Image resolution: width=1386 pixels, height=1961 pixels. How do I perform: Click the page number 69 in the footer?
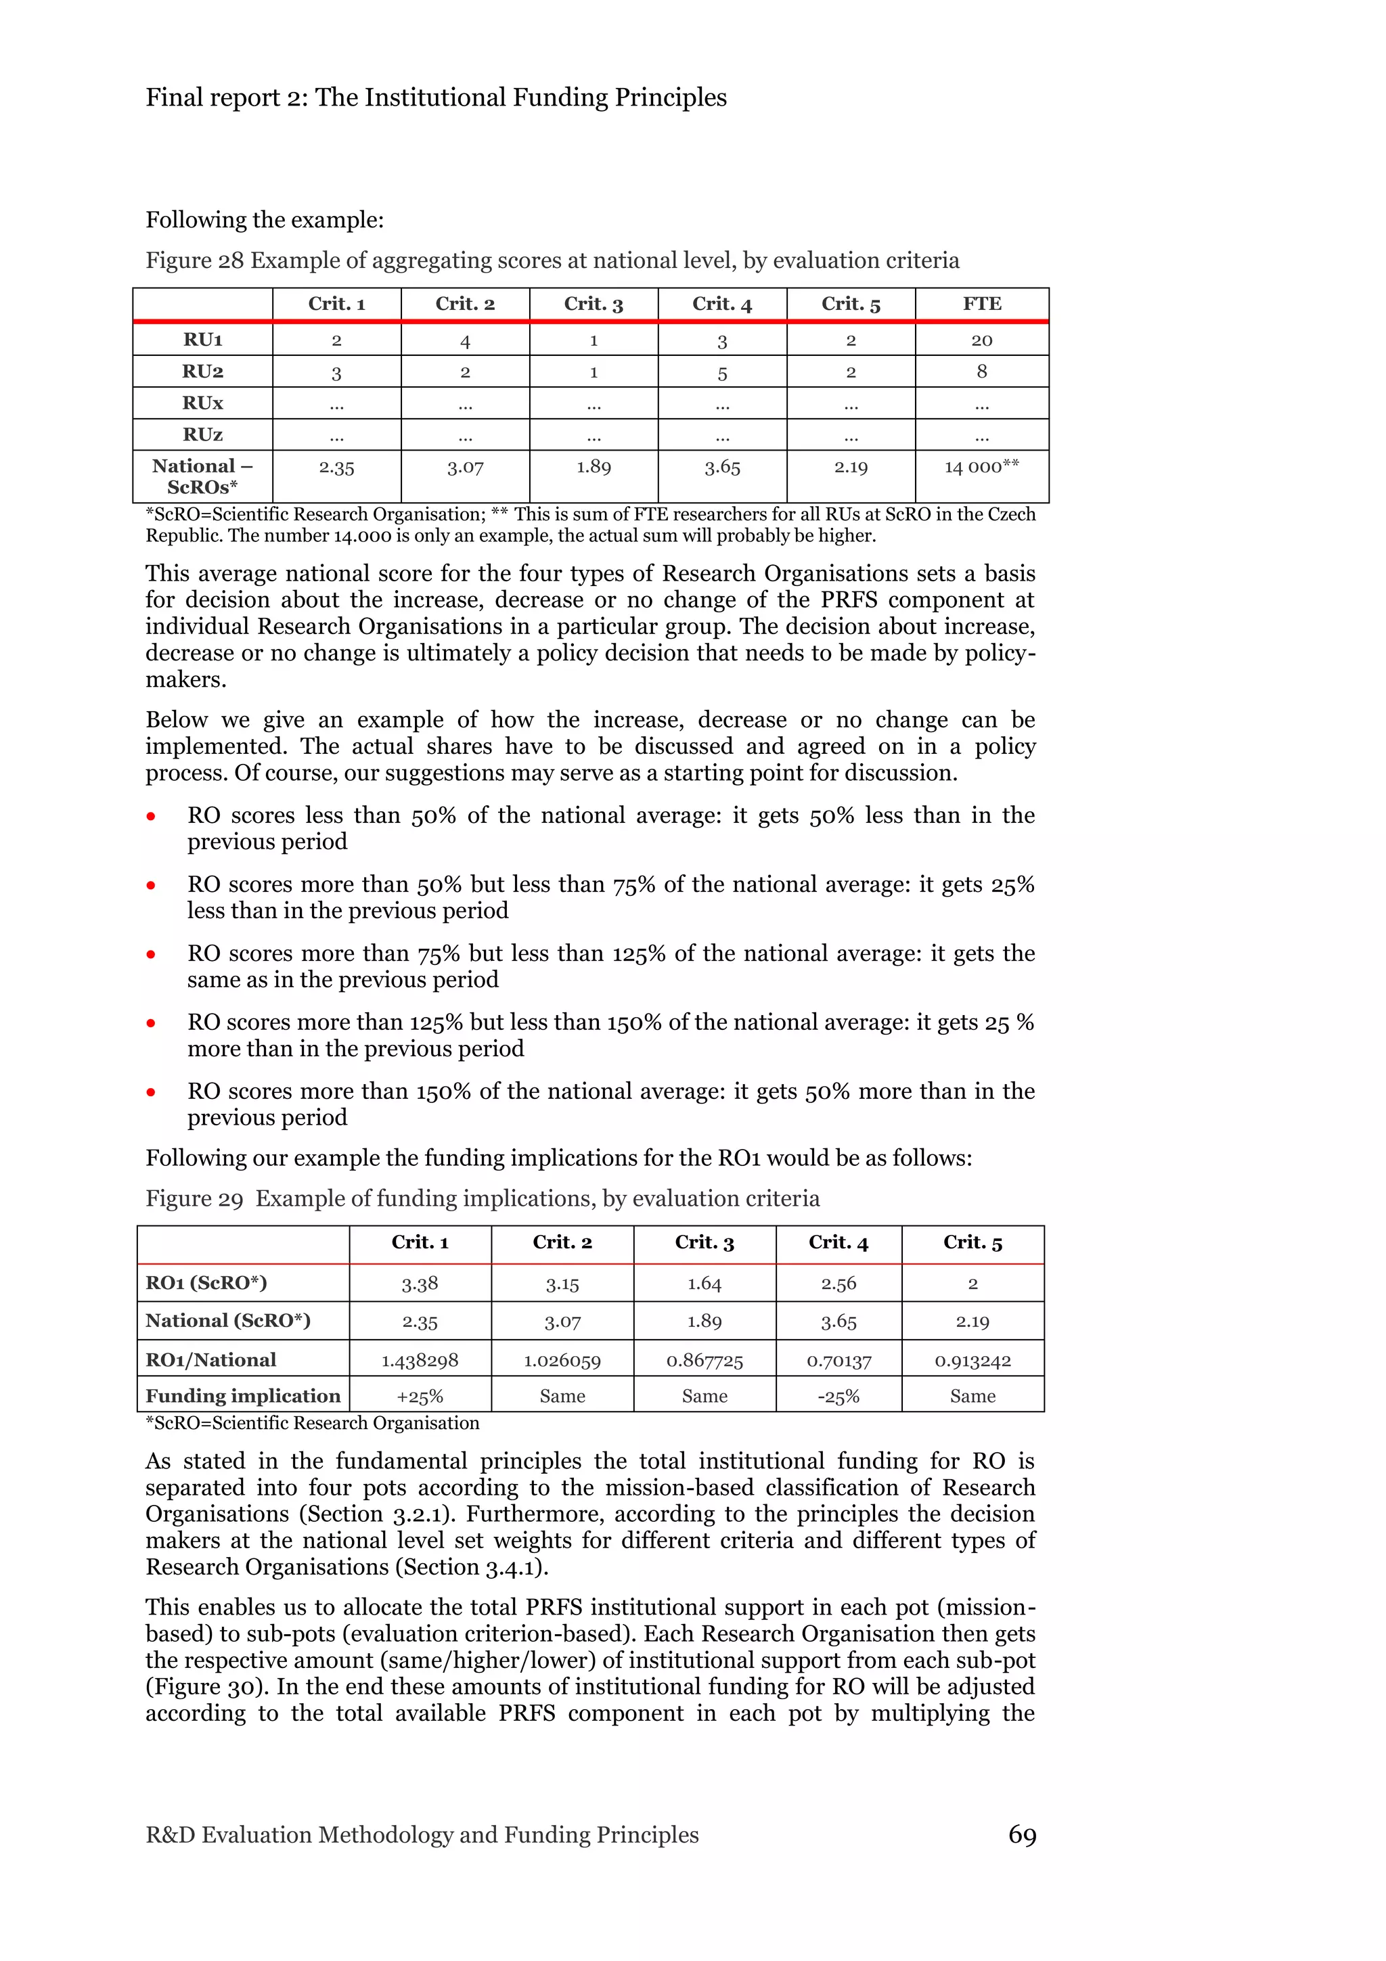[1021, 1834]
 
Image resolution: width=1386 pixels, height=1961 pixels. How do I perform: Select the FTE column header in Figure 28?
[981, 304]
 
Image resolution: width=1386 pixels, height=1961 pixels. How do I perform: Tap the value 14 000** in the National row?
[981, 466]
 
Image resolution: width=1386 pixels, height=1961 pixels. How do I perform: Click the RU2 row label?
[202, 371]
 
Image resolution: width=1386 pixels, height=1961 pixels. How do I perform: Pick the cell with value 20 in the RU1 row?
[981, 340]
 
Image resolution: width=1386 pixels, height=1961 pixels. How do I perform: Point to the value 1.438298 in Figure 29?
[420, 1361]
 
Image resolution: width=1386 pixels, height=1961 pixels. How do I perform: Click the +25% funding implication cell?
[420, 1397]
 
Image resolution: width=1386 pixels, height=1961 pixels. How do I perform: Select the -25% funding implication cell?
[838, 1397]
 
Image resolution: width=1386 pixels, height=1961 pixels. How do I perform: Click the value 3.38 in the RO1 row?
[420, 1284]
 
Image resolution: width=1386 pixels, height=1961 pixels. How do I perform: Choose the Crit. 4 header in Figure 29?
[838, 1242]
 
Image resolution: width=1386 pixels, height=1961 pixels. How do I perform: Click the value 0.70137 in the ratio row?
[838, 1361]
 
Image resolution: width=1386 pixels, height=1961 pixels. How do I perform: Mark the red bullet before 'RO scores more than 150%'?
[151, 1092]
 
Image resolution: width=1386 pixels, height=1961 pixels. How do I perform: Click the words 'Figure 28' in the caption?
[195, 261]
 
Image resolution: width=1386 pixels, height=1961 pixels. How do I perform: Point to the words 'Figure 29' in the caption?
[195, 1199]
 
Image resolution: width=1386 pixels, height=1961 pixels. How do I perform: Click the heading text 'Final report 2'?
[226, 98]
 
